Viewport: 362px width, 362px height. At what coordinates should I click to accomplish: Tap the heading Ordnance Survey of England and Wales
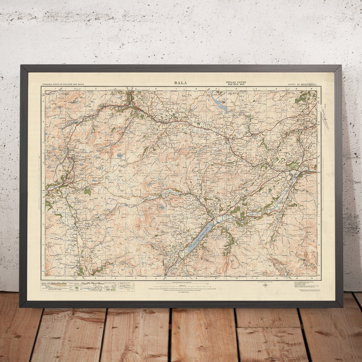click(x=62, y=85)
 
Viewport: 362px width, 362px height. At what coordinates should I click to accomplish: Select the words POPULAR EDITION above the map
click(x=241, y=82)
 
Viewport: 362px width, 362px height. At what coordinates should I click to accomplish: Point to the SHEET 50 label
click(x=293, y=85)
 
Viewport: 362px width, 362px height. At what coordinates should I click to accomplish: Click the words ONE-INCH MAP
click(x=241, y=84)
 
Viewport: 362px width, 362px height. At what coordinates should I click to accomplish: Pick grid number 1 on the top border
click(x=55, y=88)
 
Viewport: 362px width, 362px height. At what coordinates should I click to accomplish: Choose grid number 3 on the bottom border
click(x=95, y=278)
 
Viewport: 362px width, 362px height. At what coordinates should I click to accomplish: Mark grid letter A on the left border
click(x=43, y=102)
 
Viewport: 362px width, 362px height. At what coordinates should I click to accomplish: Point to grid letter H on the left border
click(x=43, y=244)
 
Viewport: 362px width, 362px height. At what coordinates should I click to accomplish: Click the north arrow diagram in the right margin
click(x=326, y=117)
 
